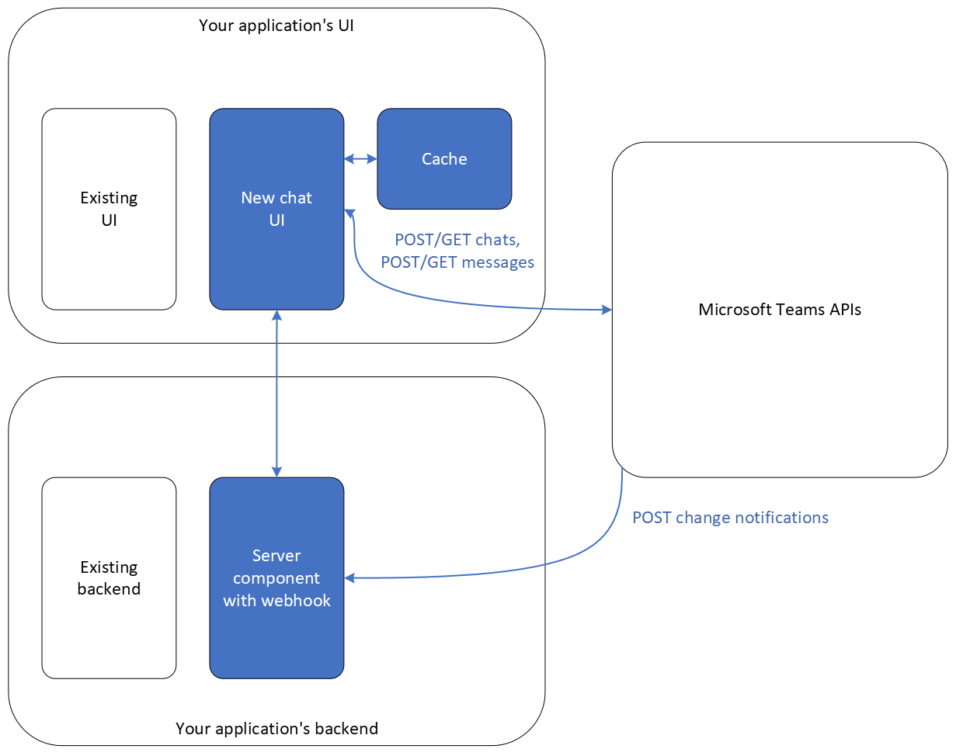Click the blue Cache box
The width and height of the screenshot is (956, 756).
(444, 159)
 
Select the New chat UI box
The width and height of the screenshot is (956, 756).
(276, 209)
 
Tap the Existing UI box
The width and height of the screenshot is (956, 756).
(109, 209)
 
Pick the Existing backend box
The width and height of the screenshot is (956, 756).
(109, 577)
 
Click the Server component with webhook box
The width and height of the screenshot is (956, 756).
(276, 577)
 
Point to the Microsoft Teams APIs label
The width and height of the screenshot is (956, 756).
(780, 310)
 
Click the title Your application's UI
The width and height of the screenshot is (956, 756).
(276, 26)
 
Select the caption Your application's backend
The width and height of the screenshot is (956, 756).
(276, 729)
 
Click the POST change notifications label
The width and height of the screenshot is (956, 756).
(730, 518)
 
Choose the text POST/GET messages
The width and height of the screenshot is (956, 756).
(457, 262)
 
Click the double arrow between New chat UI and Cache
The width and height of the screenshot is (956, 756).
(360, 159)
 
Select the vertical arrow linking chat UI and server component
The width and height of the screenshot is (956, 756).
(276, 392)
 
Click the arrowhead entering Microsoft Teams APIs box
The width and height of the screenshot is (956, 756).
(607, 310)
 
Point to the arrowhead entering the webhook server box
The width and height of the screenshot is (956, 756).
(350, 577)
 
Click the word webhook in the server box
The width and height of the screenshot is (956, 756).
(299, 600)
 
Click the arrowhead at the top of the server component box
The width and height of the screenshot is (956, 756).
(276, 471)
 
